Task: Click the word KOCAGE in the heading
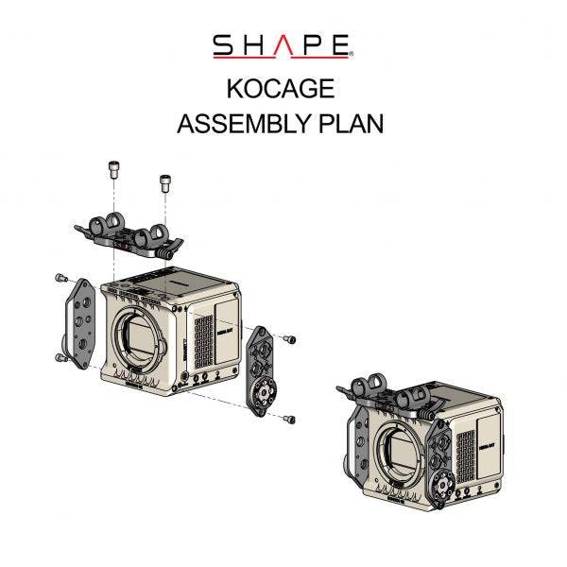[x=280, y=89]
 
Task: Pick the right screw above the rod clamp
[x=166, y=180]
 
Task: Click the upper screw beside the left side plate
[x=61, y=278]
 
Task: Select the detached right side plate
[x=260, y=369]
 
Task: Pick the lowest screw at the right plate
[x=290, y=419]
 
